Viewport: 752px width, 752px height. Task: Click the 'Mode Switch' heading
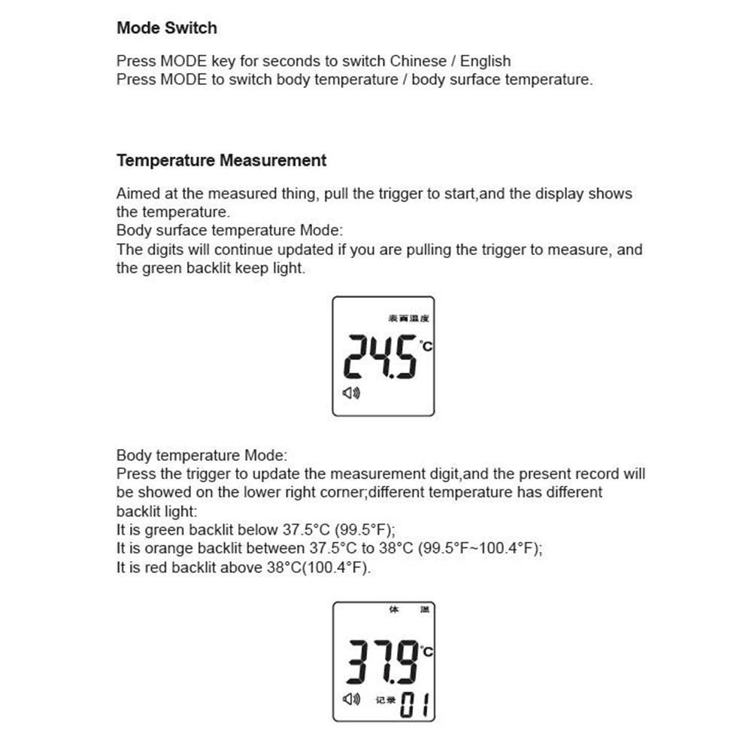click(x=166, y=29)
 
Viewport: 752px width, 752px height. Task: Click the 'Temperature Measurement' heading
click(x=221, y=160)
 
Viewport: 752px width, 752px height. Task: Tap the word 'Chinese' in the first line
click(x=417, y=61)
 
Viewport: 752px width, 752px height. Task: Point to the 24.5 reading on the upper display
click(x=380, y=357)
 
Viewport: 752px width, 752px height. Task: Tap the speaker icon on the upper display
click(x=351, y=393)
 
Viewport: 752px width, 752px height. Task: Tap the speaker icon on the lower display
click(x=351, y=699)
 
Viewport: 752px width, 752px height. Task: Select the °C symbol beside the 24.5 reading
click(x=426, y=346)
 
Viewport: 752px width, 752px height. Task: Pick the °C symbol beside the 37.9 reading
click(x=426, y=651)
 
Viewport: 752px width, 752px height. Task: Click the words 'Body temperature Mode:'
click(x=201, y=456)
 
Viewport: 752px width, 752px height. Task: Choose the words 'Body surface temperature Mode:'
click(x=234, y=231)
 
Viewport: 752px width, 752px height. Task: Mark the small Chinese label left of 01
click(x=385, y=700)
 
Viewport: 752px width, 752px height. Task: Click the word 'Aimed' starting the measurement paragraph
click(x=138, y=194)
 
